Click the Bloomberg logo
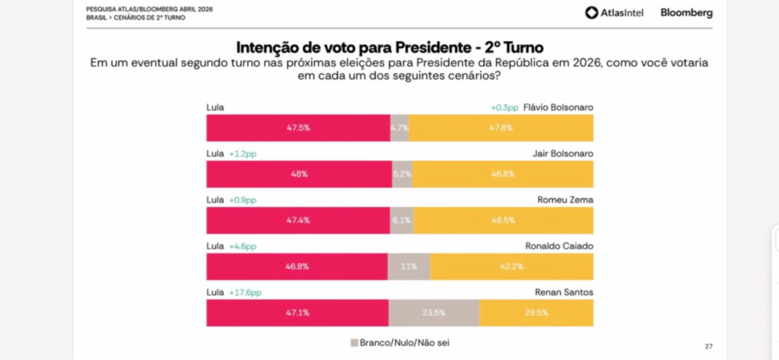click(x=686, y=13)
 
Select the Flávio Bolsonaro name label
click(x=558, y=107)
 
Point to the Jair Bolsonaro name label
click(x=563, y=154)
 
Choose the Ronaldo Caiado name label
click(x=559, y=246)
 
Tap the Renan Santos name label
click(x=565, y=292)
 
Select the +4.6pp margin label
click(x=243, y=246)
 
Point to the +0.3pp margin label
click(x=504, y=107)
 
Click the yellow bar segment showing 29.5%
click(x=536, y=313)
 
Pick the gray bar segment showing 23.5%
click(x=434, y=313)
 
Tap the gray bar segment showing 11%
click(x=409, y=266)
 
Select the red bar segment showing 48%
click(x=299, y=174)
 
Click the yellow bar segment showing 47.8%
click(x=501, y=127)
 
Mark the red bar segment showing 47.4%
click(x=298, y=220)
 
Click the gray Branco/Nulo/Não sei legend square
click(x=354, y=342)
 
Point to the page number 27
click(x=709, y=346)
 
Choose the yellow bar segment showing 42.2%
click(x=511, y=266)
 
